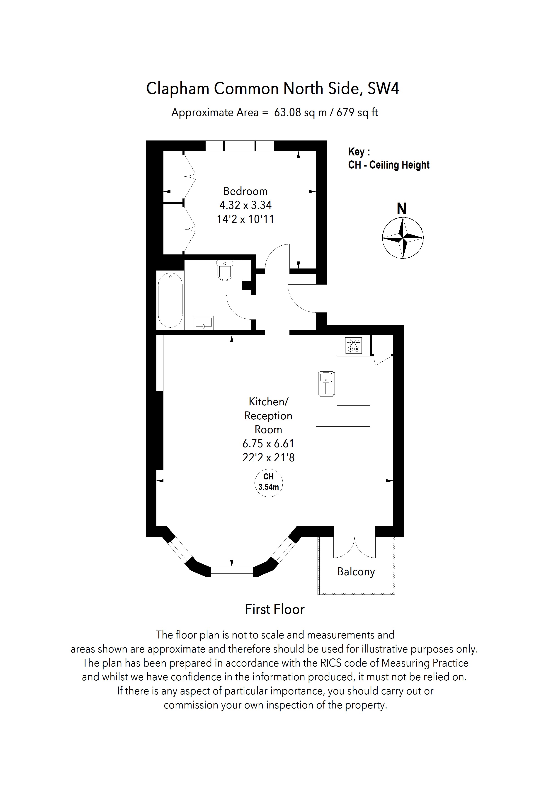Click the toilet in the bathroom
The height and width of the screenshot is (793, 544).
click(x=225, y=270)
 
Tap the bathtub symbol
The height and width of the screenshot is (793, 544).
click(x=170, y=300)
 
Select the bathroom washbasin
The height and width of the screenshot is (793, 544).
click(x=204, y=322)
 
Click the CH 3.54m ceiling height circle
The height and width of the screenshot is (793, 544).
click(x=269, y=482)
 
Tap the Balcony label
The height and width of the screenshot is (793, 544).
click(x=356, y=572)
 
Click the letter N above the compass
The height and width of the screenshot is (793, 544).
click(x=402, y=209)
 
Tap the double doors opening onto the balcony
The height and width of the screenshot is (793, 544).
click(x=355, y=547)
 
